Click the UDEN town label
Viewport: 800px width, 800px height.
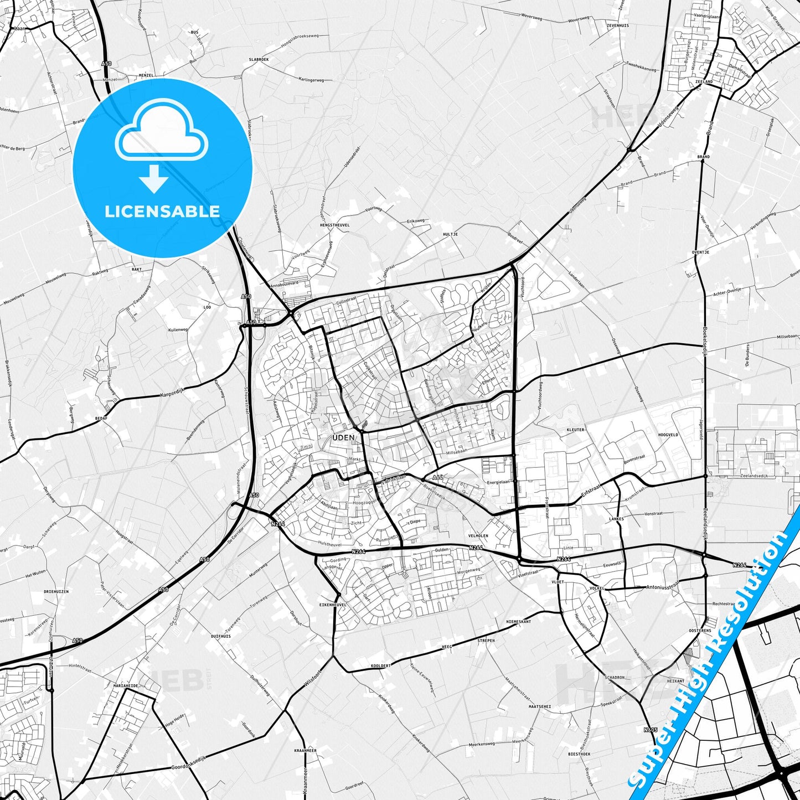(343, 437)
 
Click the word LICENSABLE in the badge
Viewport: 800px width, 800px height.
(162, 211)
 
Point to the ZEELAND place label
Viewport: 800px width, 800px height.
(704, 82)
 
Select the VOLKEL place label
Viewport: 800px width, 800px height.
(596, 588)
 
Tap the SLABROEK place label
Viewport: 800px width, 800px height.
(259, 59)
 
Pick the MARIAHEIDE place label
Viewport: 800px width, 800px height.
(126, 685)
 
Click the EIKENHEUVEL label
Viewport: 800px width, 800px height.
(333, 605)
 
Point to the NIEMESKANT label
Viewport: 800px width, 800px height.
(518, 622)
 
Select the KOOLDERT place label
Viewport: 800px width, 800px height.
(381, 665)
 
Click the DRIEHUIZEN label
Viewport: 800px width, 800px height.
(56, 591)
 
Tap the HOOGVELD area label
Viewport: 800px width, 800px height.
(668, 435)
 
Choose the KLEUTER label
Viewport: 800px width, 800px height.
(575, 430)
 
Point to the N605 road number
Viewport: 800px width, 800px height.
(650, 730)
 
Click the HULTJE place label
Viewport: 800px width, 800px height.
(450, 234)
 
